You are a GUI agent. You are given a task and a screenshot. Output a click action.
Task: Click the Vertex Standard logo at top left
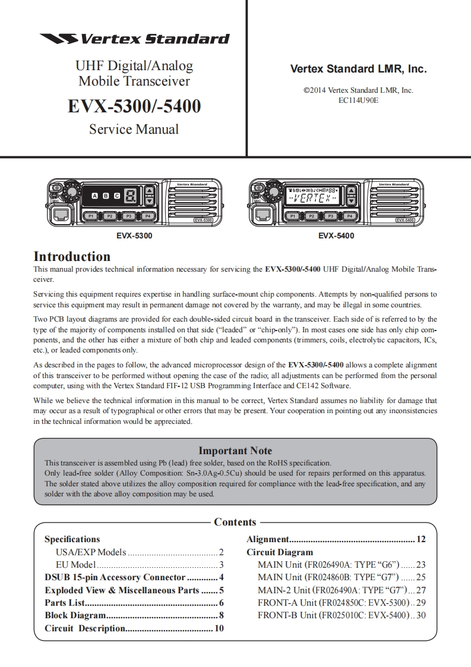point(134,39)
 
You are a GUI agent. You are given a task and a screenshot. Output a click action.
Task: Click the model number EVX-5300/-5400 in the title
point(134,106)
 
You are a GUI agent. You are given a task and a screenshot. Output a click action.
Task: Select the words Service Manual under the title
point(134,128)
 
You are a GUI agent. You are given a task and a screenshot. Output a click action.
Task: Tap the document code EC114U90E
point(358,100)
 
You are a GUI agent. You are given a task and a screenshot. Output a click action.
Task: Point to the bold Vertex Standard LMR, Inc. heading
point(358,69)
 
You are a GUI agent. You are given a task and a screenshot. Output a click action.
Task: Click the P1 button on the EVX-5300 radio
point(91,216)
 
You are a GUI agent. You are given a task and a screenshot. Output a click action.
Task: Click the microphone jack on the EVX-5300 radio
point(59,215)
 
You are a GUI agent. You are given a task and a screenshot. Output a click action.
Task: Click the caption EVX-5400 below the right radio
point(336,236)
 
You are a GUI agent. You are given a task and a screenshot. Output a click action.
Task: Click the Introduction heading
point(72,257)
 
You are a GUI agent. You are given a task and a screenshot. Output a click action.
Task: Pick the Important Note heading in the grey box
point(235,451)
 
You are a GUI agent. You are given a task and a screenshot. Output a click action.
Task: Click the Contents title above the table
point(235,522)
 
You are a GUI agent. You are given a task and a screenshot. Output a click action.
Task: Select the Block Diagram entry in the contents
point(75,615)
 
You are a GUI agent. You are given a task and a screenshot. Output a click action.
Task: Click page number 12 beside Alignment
point(421,539)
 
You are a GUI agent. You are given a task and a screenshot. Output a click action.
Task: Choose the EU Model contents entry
point(75,565)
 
